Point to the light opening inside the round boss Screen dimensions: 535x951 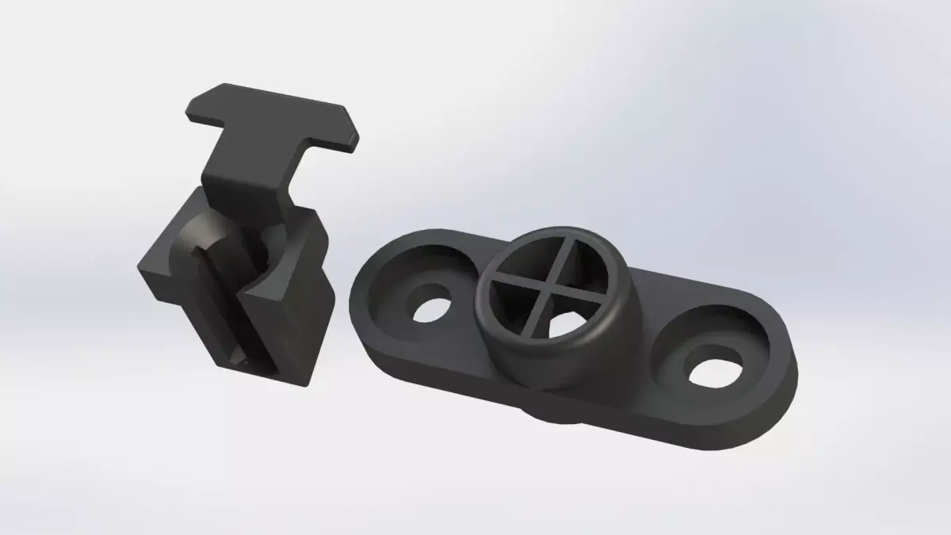563,325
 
